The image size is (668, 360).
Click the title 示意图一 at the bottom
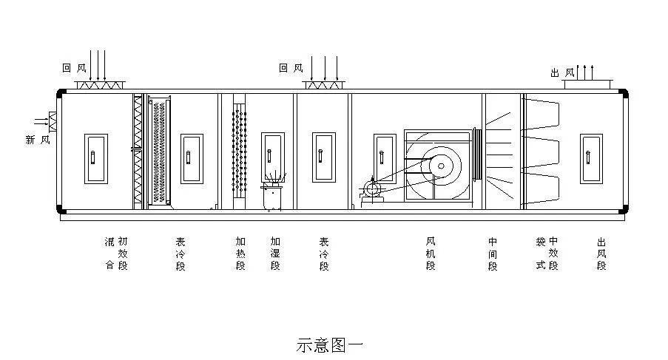330,345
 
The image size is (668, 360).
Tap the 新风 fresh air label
38,140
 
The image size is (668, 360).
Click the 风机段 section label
431,254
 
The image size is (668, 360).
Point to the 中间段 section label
493,254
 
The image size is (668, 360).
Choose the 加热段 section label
240,254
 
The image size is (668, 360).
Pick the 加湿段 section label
275,254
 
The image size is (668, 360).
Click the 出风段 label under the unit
601,254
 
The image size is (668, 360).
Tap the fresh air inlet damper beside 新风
53,122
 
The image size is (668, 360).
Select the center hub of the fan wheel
441,166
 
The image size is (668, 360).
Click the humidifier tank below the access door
272,197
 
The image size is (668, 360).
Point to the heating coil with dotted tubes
239,151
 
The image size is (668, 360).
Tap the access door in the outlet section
591,159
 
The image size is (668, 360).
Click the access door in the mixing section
96,159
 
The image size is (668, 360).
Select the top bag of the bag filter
542,114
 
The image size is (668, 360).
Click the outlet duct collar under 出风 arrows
588,84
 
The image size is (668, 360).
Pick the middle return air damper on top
323,85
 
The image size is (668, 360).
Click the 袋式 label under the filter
541,254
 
